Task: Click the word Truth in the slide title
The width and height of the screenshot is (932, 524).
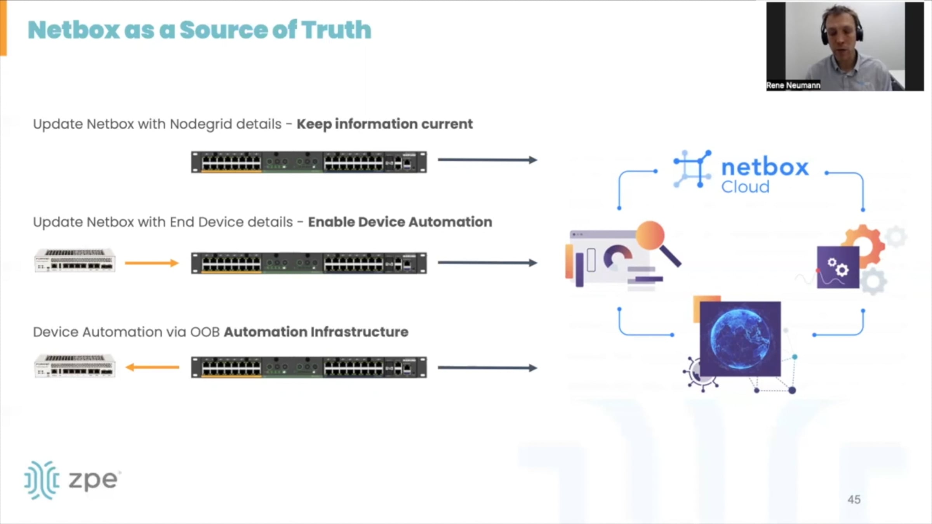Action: point(336,30)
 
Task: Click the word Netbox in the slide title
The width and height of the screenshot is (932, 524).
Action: point(74,30)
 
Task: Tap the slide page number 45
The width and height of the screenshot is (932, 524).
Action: point(854,500)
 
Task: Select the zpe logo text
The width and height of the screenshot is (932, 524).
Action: point(93,480)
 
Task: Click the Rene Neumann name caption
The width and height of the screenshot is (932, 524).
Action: point(793,85)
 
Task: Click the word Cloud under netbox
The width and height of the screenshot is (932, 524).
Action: point(745,187)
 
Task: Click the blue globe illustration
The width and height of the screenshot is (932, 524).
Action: point(740,338)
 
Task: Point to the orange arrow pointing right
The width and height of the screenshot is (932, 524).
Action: point(151,263)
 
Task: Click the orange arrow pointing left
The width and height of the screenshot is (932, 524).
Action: point(152,367)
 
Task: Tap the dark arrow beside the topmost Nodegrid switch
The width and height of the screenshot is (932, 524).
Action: point(487,160)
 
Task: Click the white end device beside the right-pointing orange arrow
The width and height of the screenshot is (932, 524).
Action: point(75,260)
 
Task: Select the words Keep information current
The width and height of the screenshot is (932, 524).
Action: point(384,124)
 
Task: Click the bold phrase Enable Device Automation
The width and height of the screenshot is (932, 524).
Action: point(400,222)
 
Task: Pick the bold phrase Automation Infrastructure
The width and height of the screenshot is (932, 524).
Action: point(316,332)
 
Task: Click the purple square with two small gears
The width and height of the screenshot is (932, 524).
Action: point(838,268)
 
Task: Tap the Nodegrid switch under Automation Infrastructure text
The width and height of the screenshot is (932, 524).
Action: point(309,367)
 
